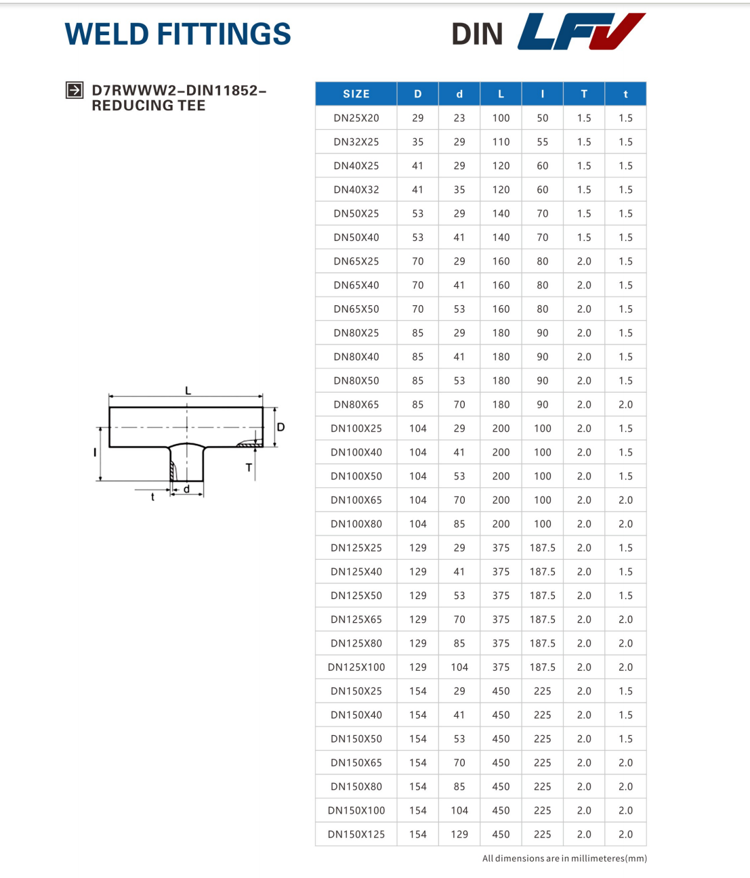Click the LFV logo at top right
coord(581,31)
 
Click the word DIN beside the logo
coord(477,34)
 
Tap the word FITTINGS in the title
coord(224,34)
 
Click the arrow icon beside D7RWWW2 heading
coord(75,90)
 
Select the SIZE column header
coord(356,94)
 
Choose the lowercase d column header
coord(459,94)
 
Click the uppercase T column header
coord(584,94)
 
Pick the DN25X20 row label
coord(356,118)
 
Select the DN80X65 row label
coord(356,404)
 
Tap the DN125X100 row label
coord(356,667)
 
